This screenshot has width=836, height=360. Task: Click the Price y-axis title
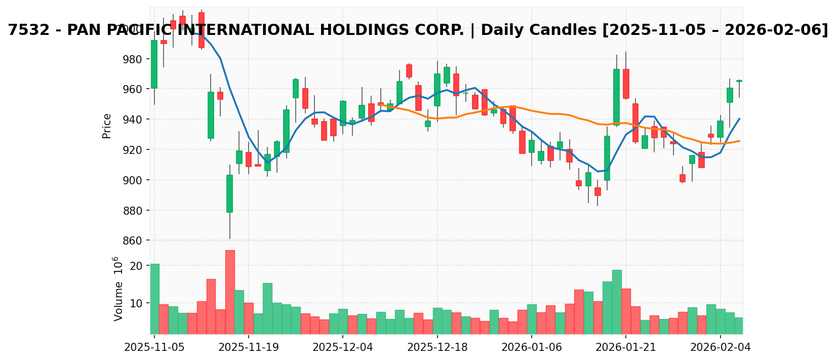[107, 126]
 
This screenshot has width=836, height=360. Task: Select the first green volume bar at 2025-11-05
[154, 299]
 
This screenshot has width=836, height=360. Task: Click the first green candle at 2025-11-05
[154, 64]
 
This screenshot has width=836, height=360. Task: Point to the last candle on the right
[739, 81]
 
